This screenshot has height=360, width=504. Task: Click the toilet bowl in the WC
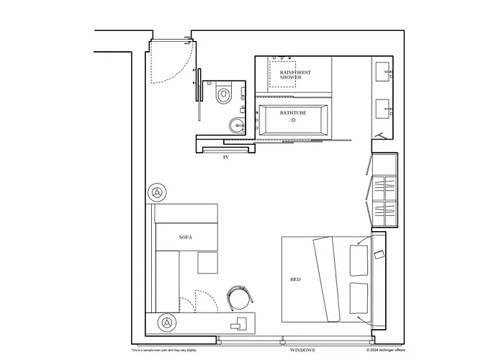point(223,93)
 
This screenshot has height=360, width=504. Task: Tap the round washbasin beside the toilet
point(236,126)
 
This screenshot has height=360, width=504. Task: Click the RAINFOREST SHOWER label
point(291,74)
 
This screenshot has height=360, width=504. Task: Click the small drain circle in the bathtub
point(293,121)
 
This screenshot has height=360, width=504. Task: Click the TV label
point(225,156)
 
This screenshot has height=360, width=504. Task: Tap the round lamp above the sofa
point(158,192)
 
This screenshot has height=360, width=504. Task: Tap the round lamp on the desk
point(168,322)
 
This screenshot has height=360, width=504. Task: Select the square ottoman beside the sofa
point(207,261)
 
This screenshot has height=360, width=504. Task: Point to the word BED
point(295,279)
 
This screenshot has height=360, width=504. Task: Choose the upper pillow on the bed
point(358,258)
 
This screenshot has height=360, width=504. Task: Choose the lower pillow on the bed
point(358,297)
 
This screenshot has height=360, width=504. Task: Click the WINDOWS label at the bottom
point(303,350)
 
